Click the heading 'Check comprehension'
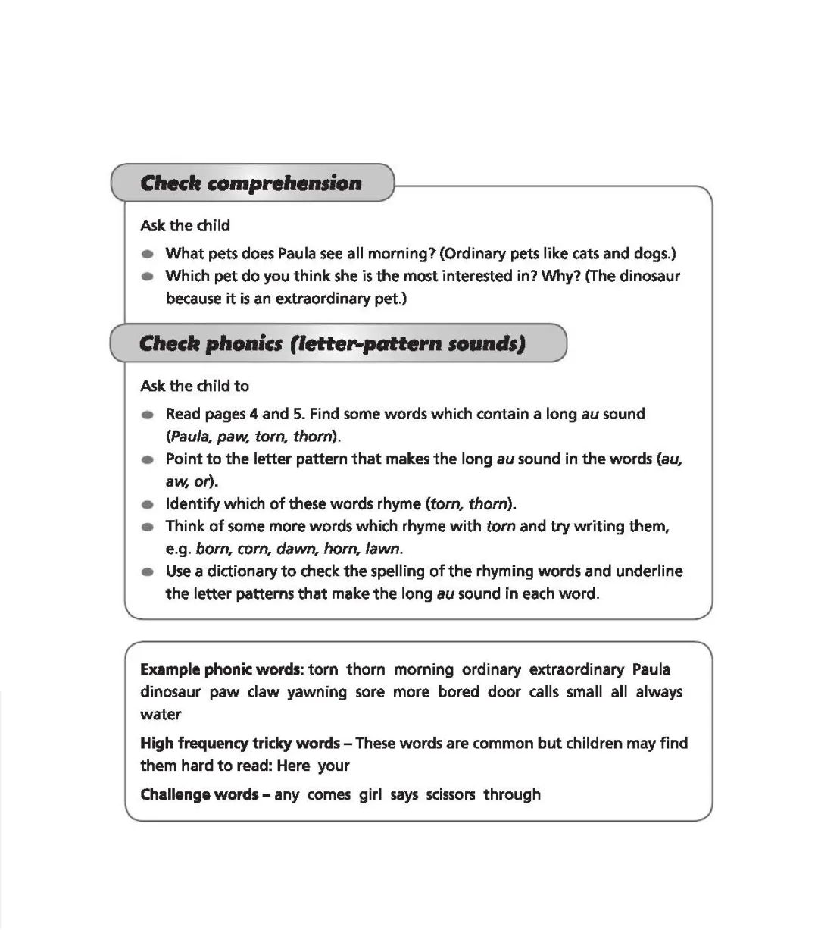(251, 183)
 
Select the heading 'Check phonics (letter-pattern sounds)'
(332, 343)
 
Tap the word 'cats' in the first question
(585, 254)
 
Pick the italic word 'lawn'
(382, 548)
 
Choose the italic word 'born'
(211, 548)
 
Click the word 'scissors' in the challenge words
(451, 794)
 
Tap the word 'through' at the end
(512, 794)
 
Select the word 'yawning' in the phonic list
(317, 692)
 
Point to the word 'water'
(161, 714)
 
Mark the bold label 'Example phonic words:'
(221, 669)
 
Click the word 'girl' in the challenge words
(370, 794)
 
